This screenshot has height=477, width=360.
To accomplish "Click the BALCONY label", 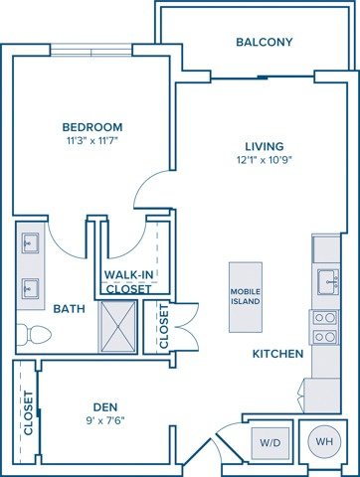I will (264, 42).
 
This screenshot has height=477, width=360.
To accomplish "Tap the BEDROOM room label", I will (91, 127).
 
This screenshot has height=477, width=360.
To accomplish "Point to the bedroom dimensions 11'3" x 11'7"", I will (91, 141).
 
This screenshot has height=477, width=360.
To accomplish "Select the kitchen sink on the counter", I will (326, 282).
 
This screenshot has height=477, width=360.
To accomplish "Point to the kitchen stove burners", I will (325, 327).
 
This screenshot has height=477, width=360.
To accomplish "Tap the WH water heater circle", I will (324, 442).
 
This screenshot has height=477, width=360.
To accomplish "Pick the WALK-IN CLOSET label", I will (128, 282).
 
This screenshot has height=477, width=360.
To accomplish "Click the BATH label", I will (70, 309).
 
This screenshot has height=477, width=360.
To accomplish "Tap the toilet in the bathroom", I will (34, 334).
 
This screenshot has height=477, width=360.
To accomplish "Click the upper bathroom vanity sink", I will (29, 244).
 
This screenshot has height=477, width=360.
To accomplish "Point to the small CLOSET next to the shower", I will (164, 326).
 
